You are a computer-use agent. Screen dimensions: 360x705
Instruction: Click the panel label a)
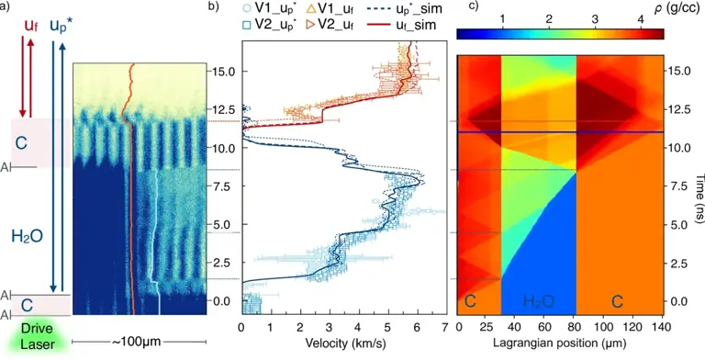6,8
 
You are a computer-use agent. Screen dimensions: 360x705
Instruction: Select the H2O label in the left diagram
27,237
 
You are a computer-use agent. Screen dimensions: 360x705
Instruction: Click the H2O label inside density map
539,301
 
